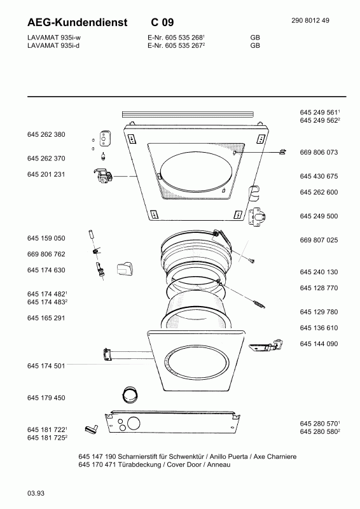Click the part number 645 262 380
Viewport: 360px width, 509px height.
(x=46, y=134)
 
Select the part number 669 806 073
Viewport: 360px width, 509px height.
(x=319, y=152)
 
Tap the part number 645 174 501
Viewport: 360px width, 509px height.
(x=46, y=366)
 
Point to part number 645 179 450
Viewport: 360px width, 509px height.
(x=46, y=398)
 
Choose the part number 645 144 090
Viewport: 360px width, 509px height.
(x=319, y=344)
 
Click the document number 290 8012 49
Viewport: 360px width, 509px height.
(x=310, y=20)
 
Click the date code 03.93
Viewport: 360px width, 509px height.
(x=36, y=494)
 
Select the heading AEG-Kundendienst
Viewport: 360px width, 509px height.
(x=77, y=22)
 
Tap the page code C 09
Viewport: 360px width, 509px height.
(x=162, y=22)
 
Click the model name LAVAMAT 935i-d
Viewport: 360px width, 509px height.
(x=53, y=45)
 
